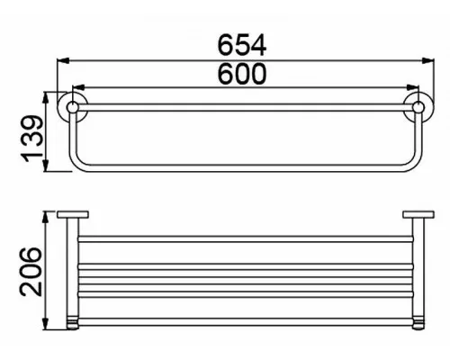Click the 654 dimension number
pyautogui.click(x=242, y=45)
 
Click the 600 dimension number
pyautogui.click(x=242, y=74)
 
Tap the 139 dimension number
pyautogui.click(x=32, y=139)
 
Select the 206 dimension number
pyautogui.click(x=31, y=272)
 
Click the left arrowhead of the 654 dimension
pyautogui.click(x=63, y=60)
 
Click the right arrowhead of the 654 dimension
pyautogui.click(x=427, y=60)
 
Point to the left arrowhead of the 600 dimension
pyautogui.click(x=78, y=87)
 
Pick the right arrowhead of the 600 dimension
pyautogui.click(x=412, y=87)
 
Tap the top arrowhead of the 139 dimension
pyautogui.click(x=46, y=98)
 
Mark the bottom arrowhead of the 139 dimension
pyautogui.click(x=46, y=166)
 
